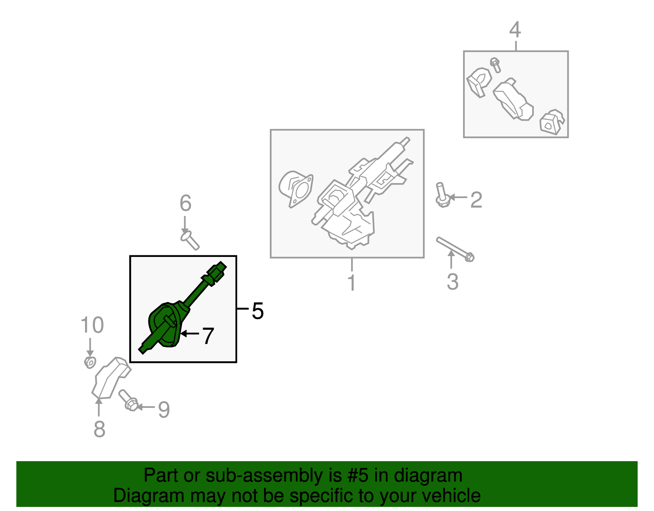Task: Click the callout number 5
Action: coord(258,311)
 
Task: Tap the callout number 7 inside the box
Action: coord(208,336)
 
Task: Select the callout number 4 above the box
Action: coord(515,30)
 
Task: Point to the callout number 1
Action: coord(352,282)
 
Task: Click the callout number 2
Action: coord(476,200)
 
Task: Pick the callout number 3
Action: coord(452,282)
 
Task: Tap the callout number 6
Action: coord(186,203)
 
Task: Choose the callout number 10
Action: coord(92,325)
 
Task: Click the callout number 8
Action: coord(99,429)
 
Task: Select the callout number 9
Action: coord(164,409)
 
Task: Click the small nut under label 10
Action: coord(90,362)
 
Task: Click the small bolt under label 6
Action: coord(190,240)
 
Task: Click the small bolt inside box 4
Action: coord(495,65)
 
